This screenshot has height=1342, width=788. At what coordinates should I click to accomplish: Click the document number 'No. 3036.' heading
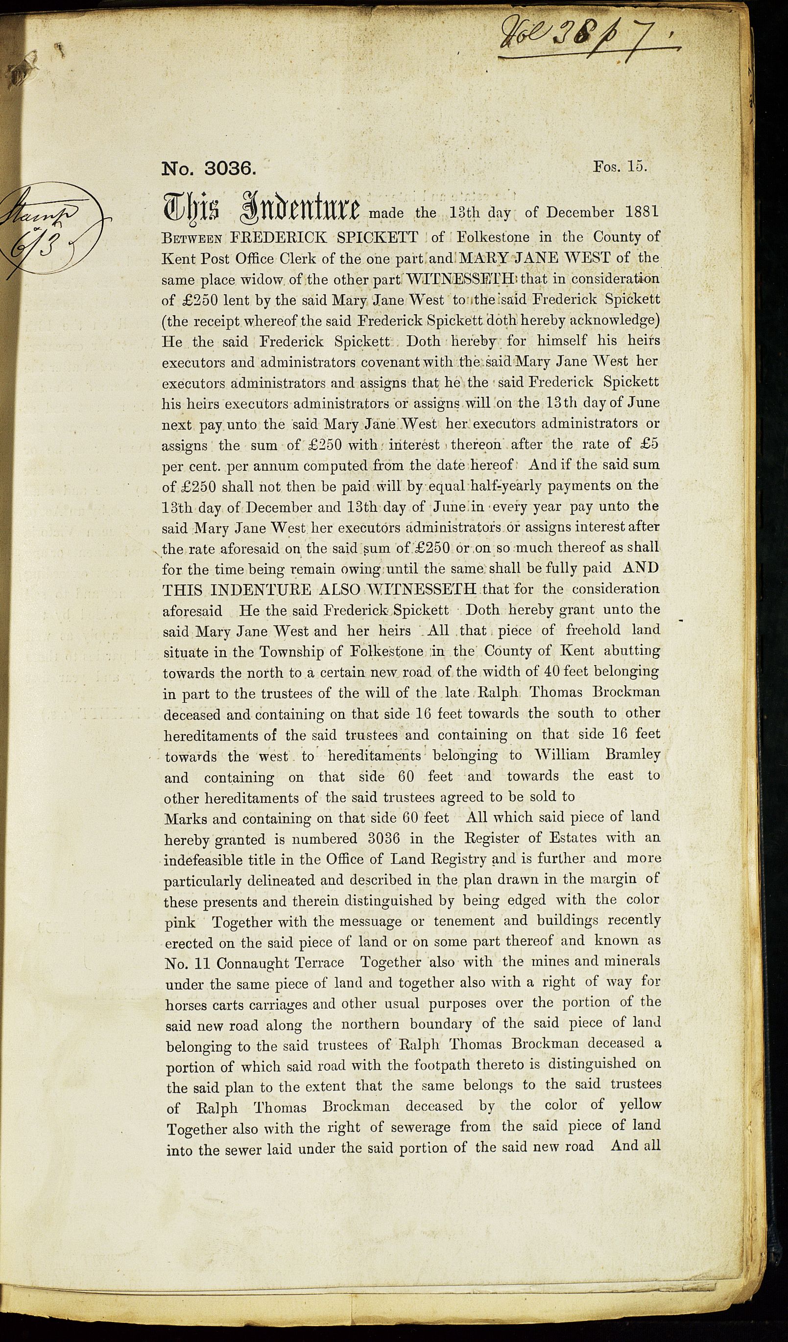point(209,169)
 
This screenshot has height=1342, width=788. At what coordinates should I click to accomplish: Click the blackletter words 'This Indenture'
point(261,209)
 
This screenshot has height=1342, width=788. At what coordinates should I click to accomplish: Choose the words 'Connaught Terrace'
point(280,963)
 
